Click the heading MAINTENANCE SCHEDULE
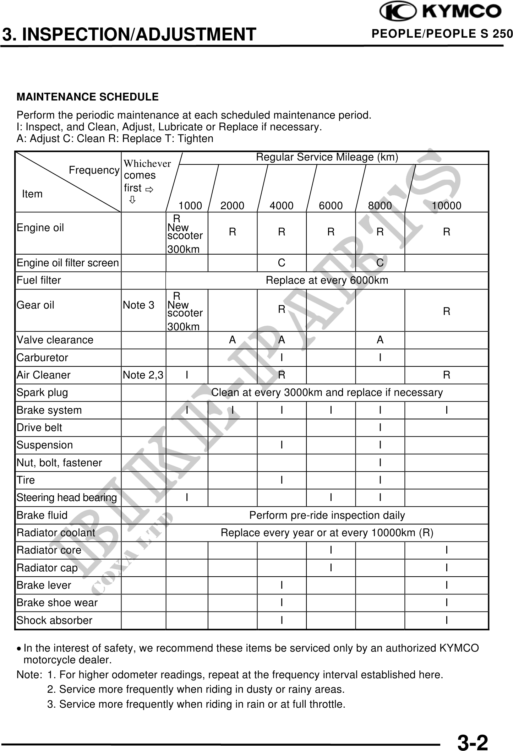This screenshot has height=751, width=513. [x=88, y=97]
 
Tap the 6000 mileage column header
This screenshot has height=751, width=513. [x=331, y=206]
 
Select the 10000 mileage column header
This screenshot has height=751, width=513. [x=446, y=206]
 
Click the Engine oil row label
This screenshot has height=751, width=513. [x=40, y=228]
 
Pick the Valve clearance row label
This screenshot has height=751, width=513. [x=55, y=340]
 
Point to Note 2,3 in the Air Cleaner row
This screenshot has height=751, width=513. [x=143, y=375]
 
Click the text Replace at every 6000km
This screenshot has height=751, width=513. [x=327, y=280]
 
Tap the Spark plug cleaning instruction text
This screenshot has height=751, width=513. [x=327, y=392]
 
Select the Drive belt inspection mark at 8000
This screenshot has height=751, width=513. [x=380, y=428]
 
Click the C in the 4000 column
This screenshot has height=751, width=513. [x=282, y=263]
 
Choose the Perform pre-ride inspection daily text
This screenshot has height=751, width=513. [x=327, y=515]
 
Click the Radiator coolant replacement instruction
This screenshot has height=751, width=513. [x=327, y=533]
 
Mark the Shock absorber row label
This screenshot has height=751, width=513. [x=54, y=620]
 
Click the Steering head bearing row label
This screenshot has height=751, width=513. [x=67, y=497]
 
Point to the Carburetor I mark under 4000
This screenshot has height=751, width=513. [x=282, y=358]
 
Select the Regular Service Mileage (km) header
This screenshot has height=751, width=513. [x=327, y=157]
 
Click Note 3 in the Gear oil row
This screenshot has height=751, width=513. [x=138, y=305]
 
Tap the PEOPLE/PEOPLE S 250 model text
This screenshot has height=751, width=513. [x=442, y=34]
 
